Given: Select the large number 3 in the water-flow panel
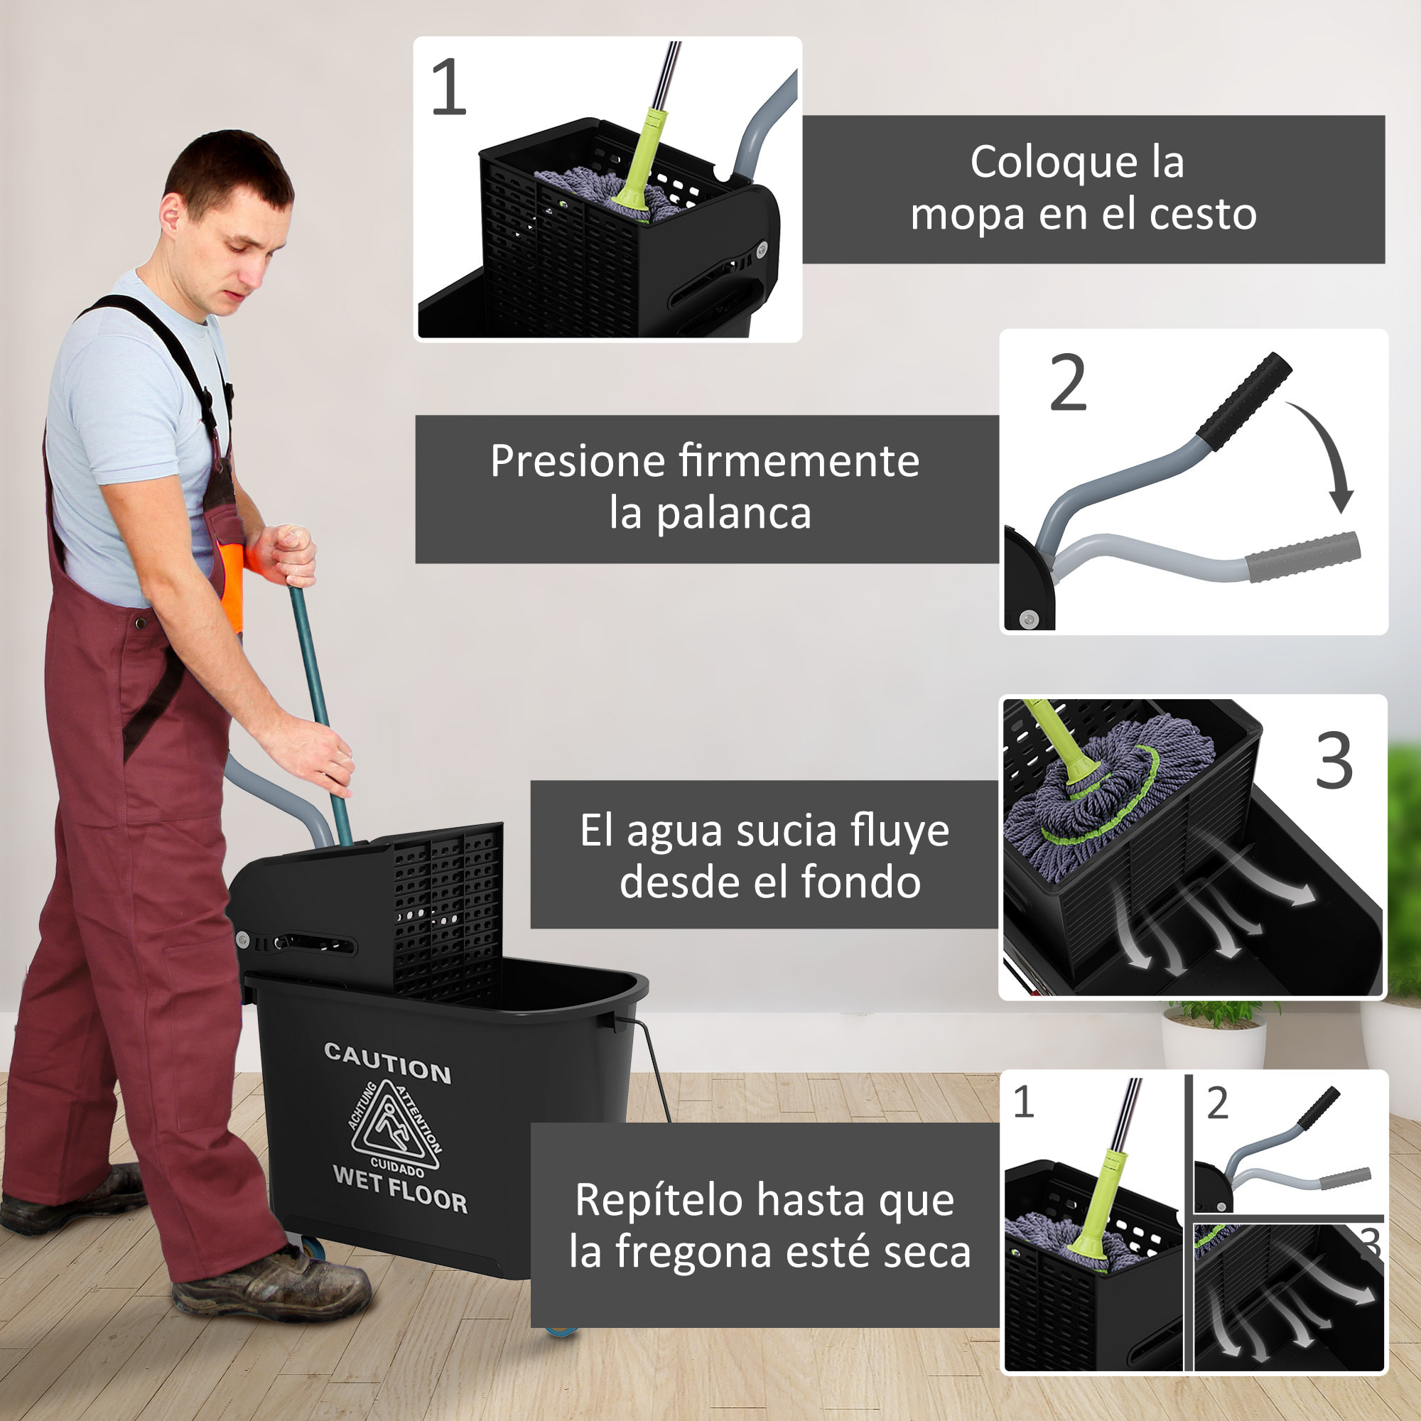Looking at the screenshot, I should click(x=1334, y=761).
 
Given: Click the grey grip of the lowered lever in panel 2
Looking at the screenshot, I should click(x=1302, y=557).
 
